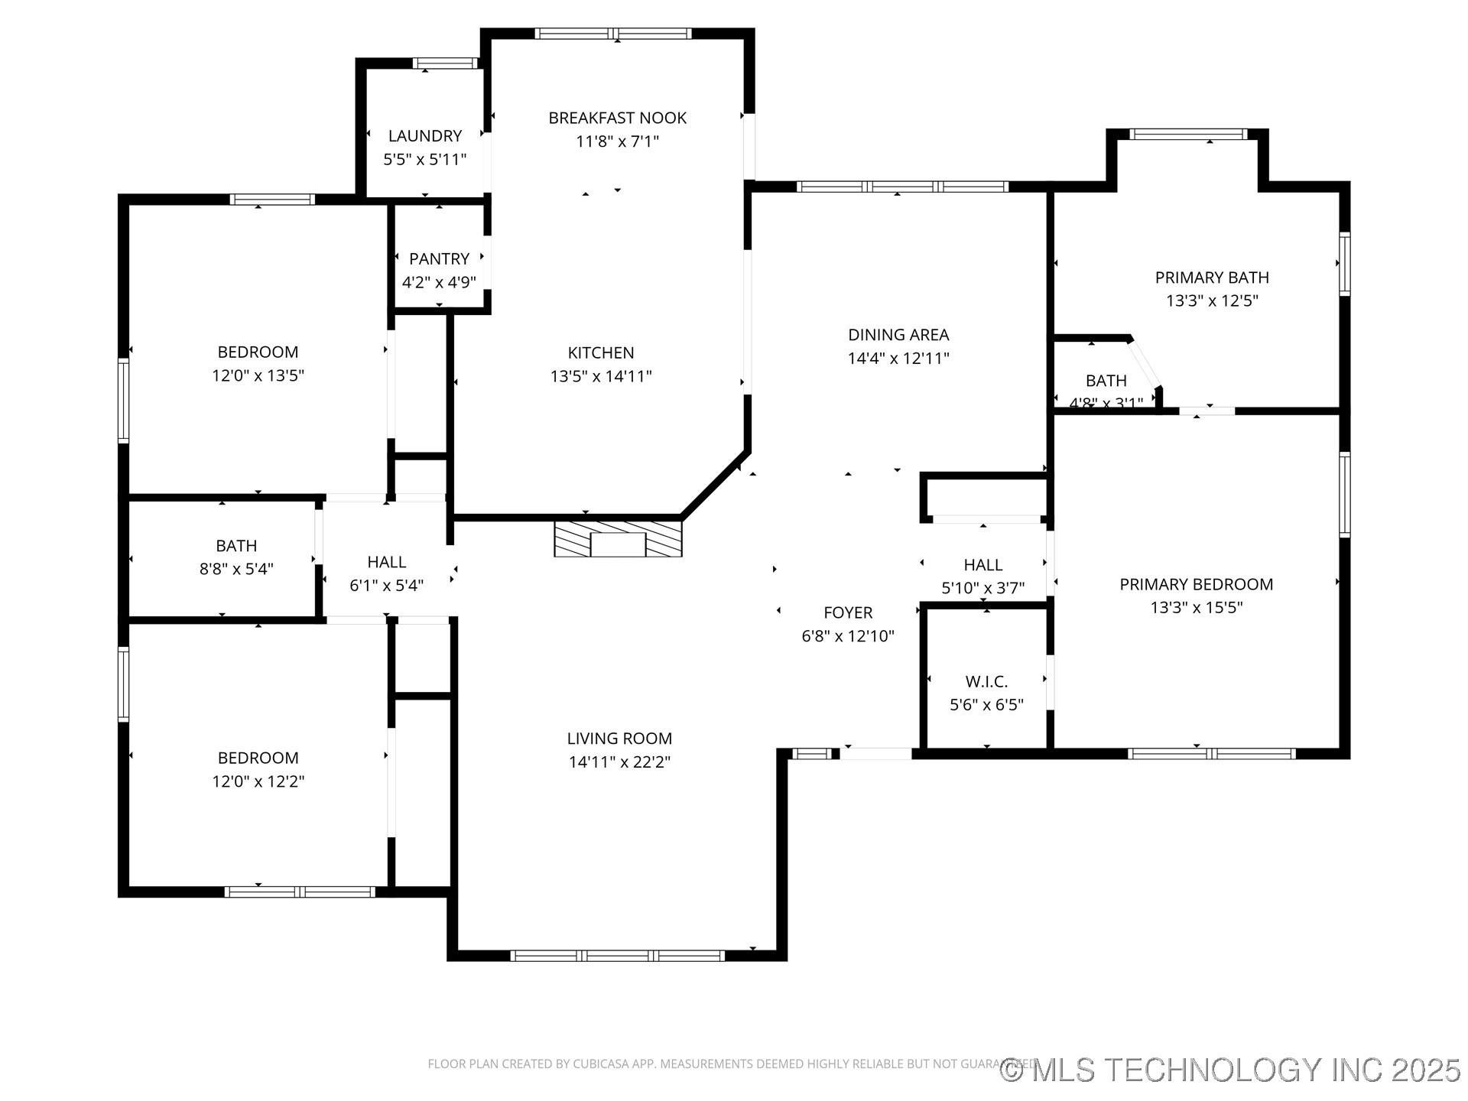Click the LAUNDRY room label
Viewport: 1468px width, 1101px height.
click(424, 136)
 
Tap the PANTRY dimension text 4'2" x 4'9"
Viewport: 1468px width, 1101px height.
click(439, 282)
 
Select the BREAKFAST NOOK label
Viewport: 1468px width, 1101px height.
click(617, 118)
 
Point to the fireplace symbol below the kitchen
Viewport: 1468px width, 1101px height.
click(618, 540)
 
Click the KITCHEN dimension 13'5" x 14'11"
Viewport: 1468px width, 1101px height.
click(601, 376)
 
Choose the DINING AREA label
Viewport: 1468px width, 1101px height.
click(898, 335)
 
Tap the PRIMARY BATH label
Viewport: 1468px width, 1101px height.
click(1212, 278)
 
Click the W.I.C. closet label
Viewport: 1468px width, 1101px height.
click(986, 681)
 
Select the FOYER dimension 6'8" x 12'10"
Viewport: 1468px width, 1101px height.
click(848, 636)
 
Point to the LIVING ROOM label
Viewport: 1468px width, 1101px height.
click(619, 739)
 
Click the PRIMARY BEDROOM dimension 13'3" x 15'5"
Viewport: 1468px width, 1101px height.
click(1197, 608)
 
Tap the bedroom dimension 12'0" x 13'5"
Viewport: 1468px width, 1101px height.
click(258, 375)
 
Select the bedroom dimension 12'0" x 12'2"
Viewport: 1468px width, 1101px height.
click(258, 781)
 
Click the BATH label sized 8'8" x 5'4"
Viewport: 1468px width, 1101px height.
click(236, 546)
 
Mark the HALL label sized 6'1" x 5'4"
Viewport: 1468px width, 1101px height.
click(386, 562)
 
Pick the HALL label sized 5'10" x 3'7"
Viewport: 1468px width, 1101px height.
click(982, 565)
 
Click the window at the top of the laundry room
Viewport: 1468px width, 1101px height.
click(445, 63)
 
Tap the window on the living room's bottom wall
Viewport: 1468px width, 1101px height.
click(617, 955)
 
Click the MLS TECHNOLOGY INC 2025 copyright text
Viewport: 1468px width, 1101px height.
click(1231, 1069)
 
